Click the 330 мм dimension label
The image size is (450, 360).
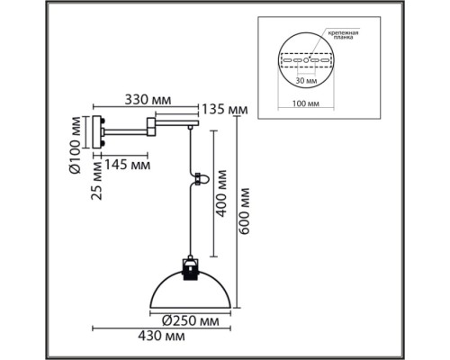tap(148, 100)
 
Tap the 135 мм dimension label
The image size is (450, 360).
tap(225, 110)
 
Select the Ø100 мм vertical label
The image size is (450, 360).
tap(76, 145)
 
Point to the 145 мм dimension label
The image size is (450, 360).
tap(127, 165)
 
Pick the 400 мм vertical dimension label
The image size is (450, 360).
tap(221, 193)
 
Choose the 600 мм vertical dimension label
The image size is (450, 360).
tap(244, 211)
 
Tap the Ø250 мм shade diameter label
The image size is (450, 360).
tap(191, 321)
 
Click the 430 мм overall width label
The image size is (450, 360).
tap(161, 336)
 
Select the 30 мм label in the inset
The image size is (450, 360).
tap(306, 81)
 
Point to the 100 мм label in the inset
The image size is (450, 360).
tap(306, 103)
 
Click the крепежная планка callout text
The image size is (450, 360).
tap(343, 35)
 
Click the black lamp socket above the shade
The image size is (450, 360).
tap(190, 268)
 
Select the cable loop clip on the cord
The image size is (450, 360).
tap(202, 179)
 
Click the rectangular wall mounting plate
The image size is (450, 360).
tap(97, 132)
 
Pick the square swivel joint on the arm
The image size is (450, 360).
tap(151, 127)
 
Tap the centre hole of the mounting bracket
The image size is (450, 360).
tap(306, 60)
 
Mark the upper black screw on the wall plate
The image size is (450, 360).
tap(103, 121)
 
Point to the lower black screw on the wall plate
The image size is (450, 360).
tap(103, 143)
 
